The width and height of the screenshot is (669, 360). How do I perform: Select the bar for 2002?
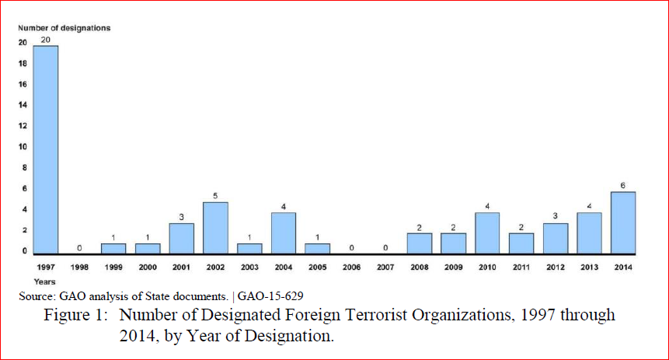215,228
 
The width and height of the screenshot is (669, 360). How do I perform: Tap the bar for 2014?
622,222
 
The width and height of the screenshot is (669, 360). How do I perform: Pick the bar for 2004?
284,232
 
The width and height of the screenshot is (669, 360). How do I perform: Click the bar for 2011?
521,243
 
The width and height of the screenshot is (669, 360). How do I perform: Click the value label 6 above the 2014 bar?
623,185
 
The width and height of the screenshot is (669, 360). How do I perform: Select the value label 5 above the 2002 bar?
215,195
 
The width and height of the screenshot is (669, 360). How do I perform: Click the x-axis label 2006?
351,267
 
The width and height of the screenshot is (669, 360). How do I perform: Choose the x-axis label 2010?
487,267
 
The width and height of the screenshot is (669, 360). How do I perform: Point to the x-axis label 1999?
113,267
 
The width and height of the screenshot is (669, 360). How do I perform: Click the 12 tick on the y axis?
23,126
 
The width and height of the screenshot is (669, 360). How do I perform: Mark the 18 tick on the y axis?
23,63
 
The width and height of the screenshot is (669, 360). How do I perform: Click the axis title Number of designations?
64,28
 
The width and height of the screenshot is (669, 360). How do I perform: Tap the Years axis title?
44,281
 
